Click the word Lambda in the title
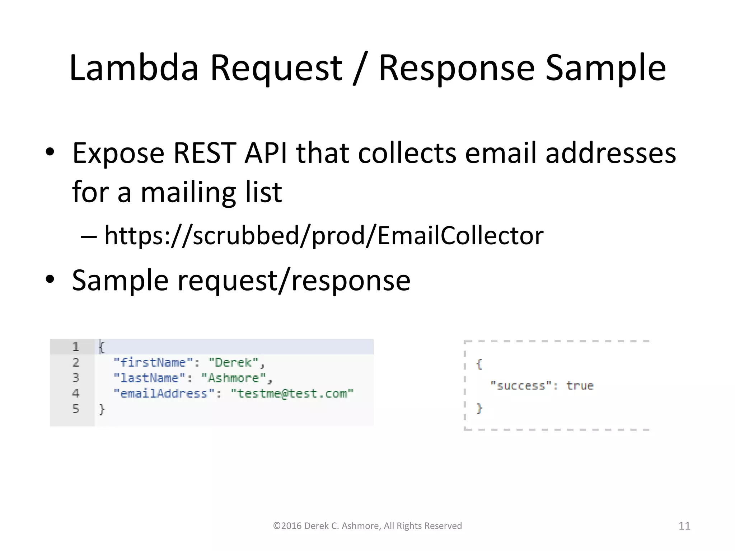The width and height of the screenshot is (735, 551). tap(134, 68)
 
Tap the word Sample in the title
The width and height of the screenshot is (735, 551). tap(605, 68)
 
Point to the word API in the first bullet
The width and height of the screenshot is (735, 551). tap(266, 153)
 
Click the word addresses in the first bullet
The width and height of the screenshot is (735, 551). tap(610, 153)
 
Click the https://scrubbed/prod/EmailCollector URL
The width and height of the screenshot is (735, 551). tap(324, 236)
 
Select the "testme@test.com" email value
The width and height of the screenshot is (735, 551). tap(292, 394)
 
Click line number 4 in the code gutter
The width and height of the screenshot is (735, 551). tap(76, 394)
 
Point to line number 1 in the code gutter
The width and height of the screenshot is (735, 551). tap(76, 347)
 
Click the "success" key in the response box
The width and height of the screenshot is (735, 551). tap(521, 386)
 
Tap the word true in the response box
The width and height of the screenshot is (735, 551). tap(580, 386)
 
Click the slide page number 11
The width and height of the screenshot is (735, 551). tap(684, 526)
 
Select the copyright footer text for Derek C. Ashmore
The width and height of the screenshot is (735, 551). tap(367, 526)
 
